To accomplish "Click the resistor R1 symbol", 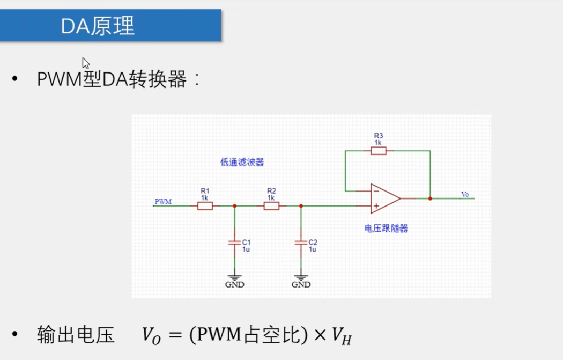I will [x=205, y=205].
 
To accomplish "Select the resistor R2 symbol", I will [x=271, y=205].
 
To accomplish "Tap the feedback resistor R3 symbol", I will [x=378, y=151].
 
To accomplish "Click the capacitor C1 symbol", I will [x=234, y=243].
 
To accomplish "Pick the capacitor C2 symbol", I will [x=301, y=243].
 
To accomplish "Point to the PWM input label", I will [x=163, y=202].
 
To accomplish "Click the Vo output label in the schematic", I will [x=465, y=194].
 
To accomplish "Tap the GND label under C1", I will [x=234, y=284].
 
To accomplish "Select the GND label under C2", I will [x=301, y=284].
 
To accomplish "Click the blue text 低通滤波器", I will [x=242, y=163].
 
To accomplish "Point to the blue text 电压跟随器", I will [x=386, y=229].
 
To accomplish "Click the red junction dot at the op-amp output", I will [x=430, y=199].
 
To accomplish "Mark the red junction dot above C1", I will [x=234, y=205].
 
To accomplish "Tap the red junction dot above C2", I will [x=301, y=205].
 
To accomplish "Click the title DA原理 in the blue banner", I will [x=98, y=26].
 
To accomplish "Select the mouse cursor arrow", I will [x=85, y=63].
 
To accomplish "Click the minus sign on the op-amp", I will [x=376, y=191].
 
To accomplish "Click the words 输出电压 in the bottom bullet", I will [x=76, y=335].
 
